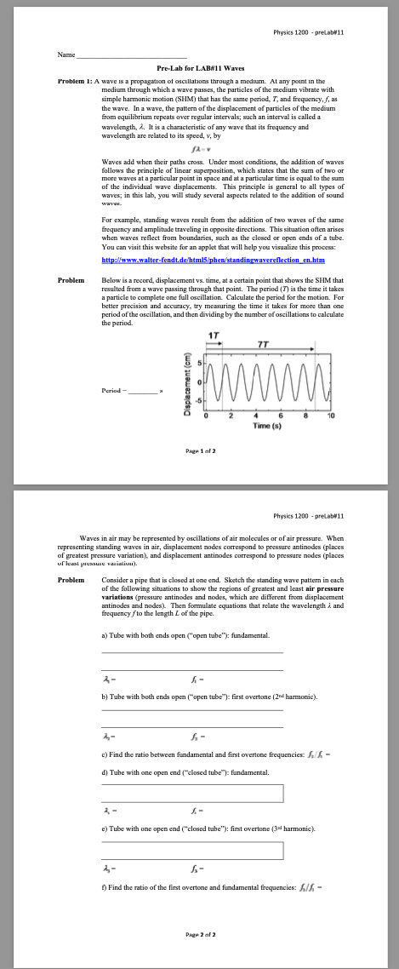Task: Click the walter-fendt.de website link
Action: [x=202, y=259]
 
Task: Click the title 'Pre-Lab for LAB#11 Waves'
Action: [x=201, y=68]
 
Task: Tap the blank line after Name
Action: [x=132, y=57]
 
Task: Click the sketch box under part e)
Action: [x=192, y=850]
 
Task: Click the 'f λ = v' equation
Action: [x=201, y=149]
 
